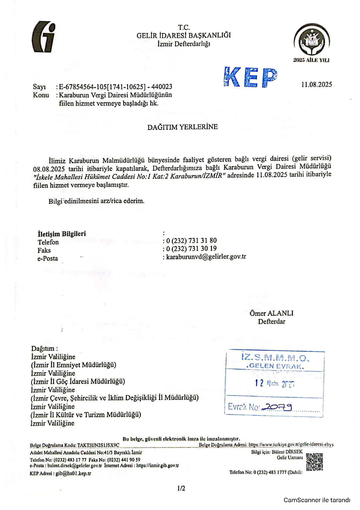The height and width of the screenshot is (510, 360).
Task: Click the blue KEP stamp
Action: click(251, 77)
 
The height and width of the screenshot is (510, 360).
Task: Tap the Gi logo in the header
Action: click(44, 37)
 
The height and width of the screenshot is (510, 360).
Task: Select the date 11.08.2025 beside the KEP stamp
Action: click(316, 85)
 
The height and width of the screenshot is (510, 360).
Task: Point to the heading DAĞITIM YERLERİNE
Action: click(182, 127)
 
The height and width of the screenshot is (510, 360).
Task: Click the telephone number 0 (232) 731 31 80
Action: click(191, 241)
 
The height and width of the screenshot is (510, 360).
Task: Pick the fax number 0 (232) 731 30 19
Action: click(191, 249)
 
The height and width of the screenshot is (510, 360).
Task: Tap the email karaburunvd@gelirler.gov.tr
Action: click(206, 257)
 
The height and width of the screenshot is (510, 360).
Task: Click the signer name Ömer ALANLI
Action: click(271, 313)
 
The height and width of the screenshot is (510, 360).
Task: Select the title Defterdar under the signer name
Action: click(271, 321)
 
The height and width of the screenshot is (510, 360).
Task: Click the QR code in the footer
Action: click(314, 462)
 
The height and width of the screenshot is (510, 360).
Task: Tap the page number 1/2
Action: click(181, 488)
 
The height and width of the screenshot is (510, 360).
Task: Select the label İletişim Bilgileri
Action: click(62, 234)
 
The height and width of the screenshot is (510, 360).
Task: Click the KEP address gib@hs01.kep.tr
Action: click(73, 473)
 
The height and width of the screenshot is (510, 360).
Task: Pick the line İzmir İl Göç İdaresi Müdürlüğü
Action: click(78, 381)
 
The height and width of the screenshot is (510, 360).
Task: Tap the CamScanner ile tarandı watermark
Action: click(317, 500)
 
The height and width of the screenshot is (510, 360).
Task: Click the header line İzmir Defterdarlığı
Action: click(183, 44)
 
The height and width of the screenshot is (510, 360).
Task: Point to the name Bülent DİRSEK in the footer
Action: click(287, 452)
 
